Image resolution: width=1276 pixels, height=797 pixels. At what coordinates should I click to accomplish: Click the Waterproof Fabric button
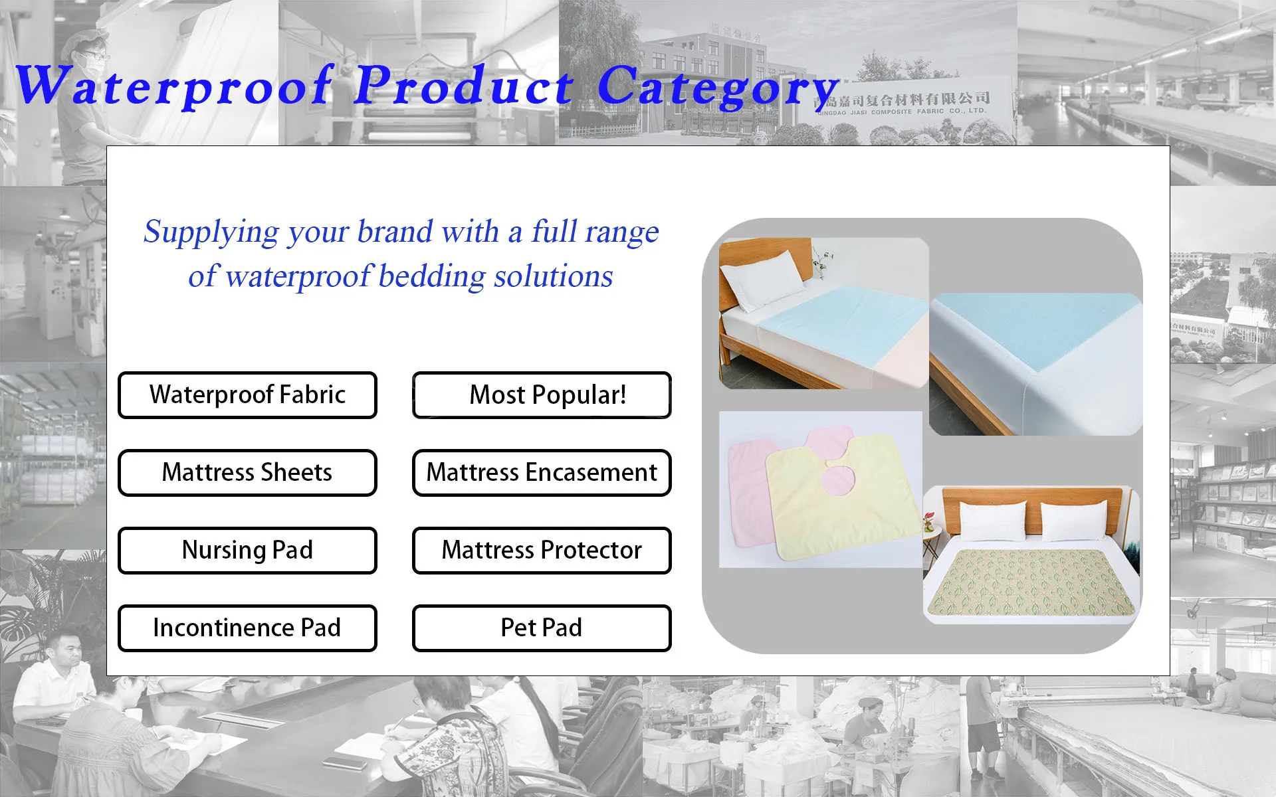tap(247, 395)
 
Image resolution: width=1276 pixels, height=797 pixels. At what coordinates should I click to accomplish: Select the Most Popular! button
tap(542, 395)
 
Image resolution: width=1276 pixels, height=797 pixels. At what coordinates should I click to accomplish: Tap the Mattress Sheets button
tap(247, 473)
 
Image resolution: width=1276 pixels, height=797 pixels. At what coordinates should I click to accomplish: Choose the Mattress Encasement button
tap(542, 473)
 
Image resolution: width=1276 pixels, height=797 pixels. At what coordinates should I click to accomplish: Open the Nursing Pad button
tap(247, 551)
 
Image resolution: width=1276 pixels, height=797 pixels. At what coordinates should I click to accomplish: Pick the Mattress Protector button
tap(542, 551)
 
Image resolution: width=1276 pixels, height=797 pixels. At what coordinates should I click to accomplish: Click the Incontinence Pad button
tap(247, 628)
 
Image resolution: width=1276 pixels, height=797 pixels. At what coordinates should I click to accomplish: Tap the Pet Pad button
tap(542, 628)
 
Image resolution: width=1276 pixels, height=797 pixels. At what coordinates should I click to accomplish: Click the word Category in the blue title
tap(718, 86)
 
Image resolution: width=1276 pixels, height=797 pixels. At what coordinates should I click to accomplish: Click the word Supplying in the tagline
tap(211, 232)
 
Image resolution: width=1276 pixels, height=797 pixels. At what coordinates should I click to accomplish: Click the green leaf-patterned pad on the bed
tap(1031, 582)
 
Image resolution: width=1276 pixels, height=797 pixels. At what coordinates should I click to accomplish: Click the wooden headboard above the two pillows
tap(1033, 505)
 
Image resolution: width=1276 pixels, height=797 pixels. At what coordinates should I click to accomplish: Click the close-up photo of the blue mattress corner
tap(1035, 364)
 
